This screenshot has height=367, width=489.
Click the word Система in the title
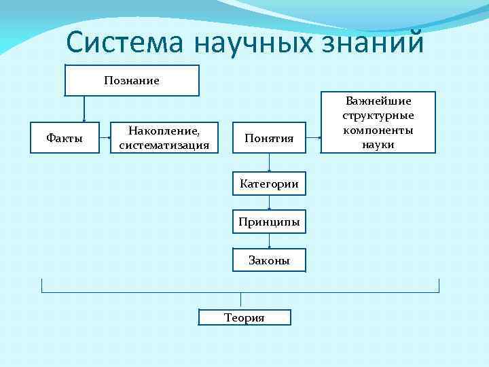[126, 43]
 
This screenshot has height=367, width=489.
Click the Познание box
[132, 80]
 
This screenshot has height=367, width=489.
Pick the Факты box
[65, 139]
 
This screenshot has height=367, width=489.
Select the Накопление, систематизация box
[164, 139]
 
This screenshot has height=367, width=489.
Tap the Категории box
[270, 183]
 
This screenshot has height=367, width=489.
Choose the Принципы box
[270, 222]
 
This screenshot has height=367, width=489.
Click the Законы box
[270, 260]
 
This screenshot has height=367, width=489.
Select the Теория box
[244, 317]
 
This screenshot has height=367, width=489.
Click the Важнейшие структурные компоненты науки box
[379, 122]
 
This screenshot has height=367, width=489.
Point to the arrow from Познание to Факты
[84, 109]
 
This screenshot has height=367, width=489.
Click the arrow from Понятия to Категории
[270, 163]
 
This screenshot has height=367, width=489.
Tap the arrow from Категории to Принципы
[270, 203]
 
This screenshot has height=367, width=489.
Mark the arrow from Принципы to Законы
[270, 241]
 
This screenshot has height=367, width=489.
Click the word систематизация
[164, 145]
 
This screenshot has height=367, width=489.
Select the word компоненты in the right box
[379, 130]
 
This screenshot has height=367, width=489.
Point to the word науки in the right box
[379, 144]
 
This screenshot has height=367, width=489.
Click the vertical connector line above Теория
[241, 301]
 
